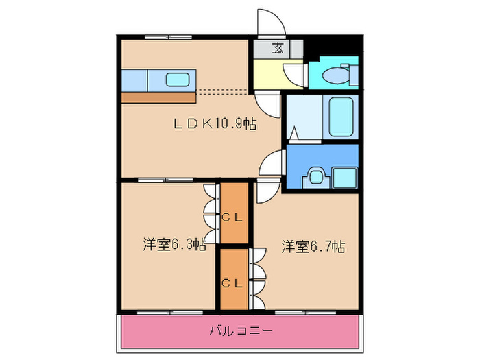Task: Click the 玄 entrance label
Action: click(x=278, y=48)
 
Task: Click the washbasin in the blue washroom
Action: click(x=315, y=176)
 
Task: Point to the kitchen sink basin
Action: click(x=177, y=80)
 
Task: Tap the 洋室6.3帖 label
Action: click(x=173, y=244)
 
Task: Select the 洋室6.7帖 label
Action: click(x=313, y=247)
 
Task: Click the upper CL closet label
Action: click(x=233, y=217)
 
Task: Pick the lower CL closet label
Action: click(x=233, y=281)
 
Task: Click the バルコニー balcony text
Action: click(x=241, y=331)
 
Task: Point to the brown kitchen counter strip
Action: click(x=158, y=97)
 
